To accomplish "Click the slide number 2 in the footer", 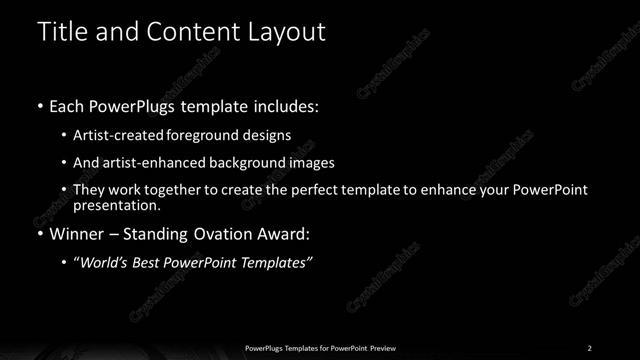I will (x=590, y=347).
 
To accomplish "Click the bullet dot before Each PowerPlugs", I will (x=39, y=105).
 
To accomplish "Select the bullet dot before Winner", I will (x=39, y=235).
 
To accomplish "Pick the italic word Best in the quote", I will (x=151, y=262).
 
